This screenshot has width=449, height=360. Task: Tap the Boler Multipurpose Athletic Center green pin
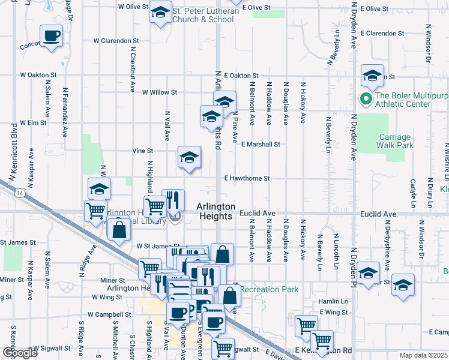point(364,98)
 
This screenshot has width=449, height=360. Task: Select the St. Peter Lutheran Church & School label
point(202,15)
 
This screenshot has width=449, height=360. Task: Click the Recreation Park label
point(270,289)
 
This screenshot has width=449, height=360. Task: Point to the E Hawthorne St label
point(247,178)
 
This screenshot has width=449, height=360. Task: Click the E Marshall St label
point(261,144)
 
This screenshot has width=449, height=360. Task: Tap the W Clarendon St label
point(116,41)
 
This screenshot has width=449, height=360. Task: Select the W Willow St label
point(159,92)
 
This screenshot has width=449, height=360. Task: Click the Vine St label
point(143,151)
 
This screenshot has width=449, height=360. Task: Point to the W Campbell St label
point(109,314)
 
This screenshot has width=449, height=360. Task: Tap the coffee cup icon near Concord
point(51,35)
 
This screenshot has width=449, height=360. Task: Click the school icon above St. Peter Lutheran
point(160,13)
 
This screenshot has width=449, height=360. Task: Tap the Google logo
point(20,353)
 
